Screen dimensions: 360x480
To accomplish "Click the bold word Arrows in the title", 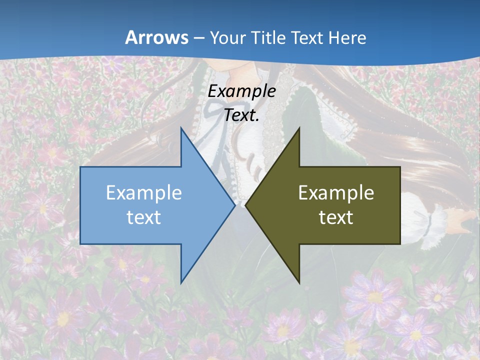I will coord(156,37).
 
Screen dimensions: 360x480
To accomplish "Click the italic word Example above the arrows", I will coord(241,91).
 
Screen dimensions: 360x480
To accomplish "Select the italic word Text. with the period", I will coord(241,115).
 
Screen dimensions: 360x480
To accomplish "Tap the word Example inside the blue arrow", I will coord(144,192).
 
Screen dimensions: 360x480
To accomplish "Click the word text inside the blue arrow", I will coord(144,217).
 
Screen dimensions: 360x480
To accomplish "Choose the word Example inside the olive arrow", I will coord(336,192).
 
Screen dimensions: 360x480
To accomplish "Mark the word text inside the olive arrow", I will coord(336,217).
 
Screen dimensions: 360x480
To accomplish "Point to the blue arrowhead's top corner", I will coord(181,128).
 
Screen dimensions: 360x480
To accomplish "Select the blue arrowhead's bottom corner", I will coord(181,282).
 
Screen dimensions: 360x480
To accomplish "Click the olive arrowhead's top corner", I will coord(299,128).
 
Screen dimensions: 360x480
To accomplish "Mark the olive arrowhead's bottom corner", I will coord(299,282).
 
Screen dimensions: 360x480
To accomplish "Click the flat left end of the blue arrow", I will coord(81,205).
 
